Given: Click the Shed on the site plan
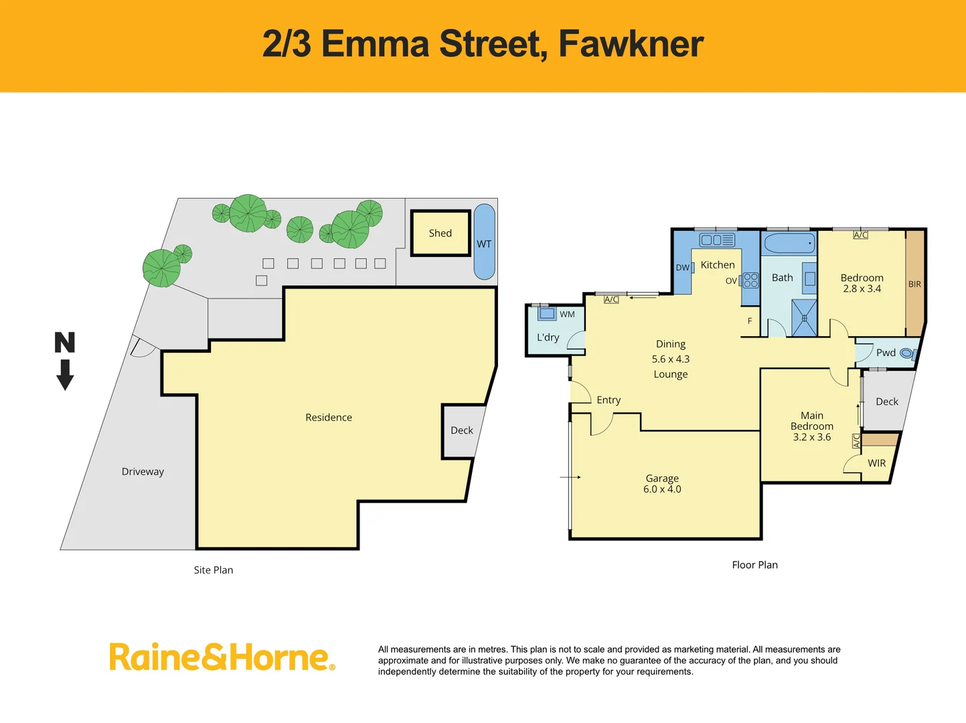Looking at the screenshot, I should pos(440,233).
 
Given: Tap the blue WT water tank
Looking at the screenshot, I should pos(484,242).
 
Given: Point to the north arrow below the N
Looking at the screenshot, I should pos(65,375).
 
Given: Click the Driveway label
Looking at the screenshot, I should pos(143,471).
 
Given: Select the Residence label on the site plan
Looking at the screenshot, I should pos(328,417).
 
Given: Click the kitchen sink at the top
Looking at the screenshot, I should pos(717,240).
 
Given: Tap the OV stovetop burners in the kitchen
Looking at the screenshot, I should pos(750,280).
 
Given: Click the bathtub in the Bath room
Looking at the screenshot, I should pos(790,243).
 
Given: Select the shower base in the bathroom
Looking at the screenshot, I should pos(804,318).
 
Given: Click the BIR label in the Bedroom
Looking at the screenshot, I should pos(914,284).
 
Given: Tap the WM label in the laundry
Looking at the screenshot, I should pos(567,314).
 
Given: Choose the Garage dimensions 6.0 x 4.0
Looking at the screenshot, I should pos(662,489).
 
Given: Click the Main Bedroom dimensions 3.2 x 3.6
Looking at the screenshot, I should pos(812,437).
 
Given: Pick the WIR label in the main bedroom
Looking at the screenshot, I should pos(876,463).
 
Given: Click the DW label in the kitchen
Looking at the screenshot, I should pos(682,267).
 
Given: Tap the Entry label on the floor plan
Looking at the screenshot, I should pos(609,400).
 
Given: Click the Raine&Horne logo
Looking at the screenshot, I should pos(222,657).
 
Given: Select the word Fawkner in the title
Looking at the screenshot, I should pos(631,44).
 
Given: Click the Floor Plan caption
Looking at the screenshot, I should pos(754,564).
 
